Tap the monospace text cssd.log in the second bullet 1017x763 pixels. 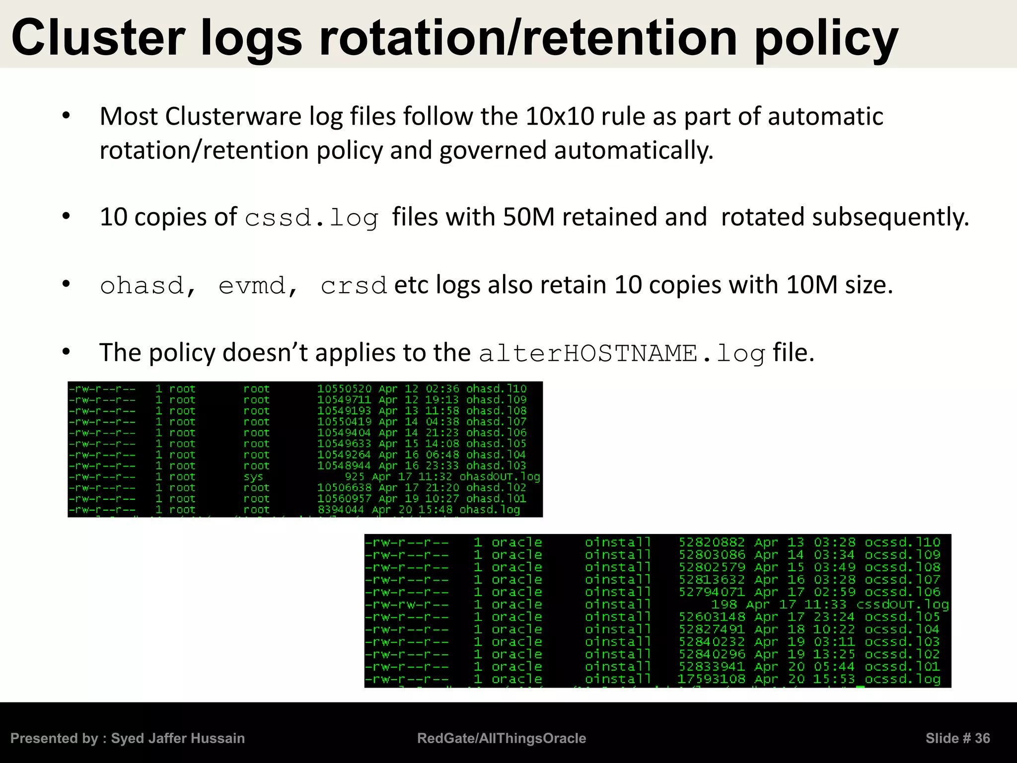point(311,218)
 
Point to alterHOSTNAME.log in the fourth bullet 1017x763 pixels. point(622,354)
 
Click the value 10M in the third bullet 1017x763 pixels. point(812,285)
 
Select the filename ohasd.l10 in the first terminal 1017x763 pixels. point(496,388)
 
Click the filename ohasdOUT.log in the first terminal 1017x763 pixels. point(499,477)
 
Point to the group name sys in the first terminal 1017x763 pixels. point(253,477)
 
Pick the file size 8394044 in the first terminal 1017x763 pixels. point(341,510)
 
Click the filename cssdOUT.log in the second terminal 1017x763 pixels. point(902,605)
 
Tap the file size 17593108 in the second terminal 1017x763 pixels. point(711,679)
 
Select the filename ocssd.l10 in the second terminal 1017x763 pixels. point(902,542)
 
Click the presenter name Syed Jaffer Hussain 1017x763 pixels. point(178,738)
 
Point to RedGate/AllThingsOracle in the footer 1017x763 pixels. point(502,738)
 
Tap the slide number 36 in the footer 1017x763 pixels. point(982,738)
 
